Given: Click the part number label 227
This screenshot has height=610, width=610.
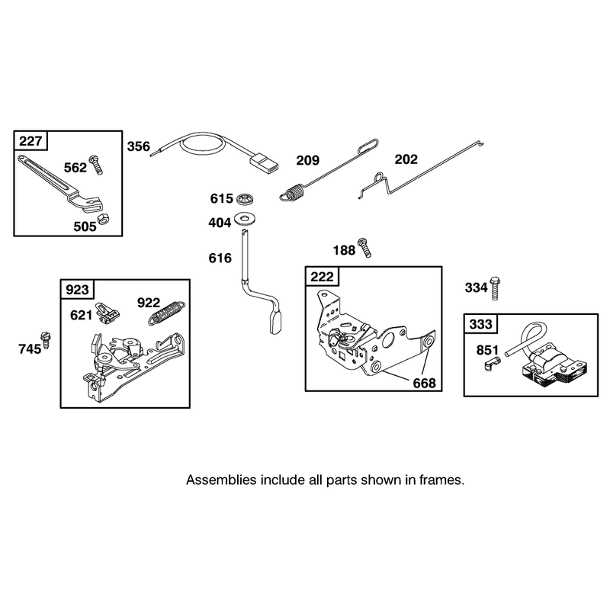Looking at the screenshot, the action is point(30,140).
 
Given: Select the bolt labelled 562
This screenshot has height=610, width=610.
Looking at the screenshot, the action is point(96,165).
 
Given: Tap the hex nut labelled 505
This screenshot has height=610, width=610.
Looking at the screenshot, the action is point(103,219).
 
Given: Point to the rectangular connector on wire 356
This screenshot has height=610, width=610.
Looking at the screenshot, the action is point(264,162).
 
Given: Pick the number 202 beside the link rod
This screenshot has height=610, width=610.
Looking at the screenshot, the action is point(406,159).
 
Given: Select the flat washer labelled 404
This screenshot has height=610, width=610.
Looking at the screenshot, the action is point(244,218).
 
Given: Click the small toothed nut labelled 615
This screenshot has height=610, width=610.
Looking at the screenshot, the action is point(245,199).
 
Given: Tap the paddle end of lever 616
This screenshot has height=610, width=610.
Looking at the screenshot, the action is point(275,322).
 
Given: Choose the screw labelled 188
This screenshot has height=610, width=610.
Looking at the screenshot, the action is point(364,247).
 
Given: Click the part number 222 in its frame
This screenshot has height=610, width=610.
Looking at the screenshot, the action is point(322,277).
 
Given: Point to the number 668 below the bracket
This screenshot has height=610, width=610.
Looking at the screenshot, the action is point(424,384).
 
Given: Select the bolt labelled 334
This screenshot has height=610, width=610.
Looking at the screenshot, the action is point(495,288).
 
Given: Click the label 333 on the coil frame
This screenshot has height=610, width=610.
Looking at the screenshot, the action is point(481,324).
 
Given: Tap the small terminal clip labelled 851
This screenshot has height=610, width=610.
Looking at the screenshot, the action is point(493,364).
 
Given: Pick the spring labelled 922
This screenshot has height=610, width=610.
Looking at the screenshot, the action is point(167,313).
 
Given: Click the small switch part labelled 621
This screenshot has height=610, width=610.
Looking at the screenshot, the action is point(108,313).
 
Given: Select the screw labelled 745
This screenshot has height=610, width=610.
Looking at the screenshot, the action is point(46,340).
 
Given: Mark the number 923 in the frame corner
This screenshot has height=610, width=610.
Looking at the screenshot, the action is point(77,290).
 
